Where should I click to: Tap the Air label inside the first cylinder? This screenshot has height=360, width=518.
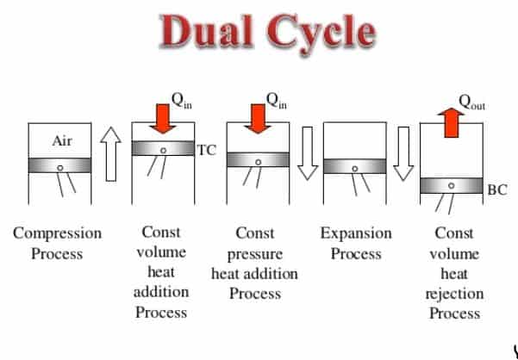point(62,141)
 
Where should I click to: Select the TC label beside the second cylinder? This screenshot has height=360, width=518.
point(207,150)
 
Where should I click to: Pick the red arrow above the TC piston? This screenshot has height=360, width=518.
point(163,121)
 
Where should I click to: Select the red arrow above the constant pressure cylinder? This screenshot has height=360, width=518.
point(258,121)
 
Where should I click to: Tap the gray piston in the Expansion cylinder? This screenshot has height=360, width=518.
point(355,166)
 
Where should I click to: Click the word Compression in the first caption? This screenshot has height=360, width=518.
point(57,233)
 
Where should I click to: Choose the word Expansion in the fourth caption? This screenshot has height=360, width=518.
point(356,233)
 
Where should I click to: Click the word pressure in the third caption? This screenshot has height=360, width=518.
point(255,254)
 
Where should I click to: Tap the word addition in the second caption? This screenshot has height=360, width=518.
point(161,292)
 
